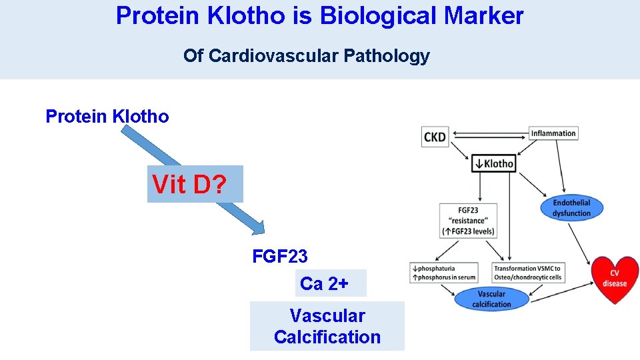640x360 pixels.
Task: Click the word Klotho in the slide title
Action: pos(245,15)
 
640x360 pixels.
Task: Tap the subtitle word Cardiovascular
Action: pos(274,56)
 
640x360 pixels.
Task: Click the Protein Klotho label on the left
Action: pos(107,117)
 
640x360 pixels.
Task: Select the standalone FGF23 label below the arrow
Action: pos(280,256)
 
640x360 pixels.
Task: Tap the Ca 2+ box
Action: pos(331,283)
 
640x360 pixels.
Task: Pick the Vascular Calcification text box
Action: pos(327,326)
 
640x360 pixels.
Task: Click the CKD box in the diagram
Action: pos(435,137)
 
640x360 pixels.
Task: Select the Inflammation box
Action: pos(553,133)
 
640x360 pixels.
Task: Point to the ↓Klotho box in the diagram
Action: pos(493,163)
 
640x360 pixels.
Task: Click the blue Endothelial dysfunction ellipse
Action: pos(571,208)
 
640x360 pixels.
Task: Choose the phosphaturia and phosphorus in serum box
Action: pos(443,273)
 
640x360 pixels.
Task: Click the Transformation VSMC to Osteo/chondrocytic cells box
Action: pos(527,273)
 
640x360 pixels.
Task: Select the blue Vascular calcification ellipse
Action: pos(491,299)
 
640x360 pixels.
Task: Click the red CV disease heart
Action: pos(615,279)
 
